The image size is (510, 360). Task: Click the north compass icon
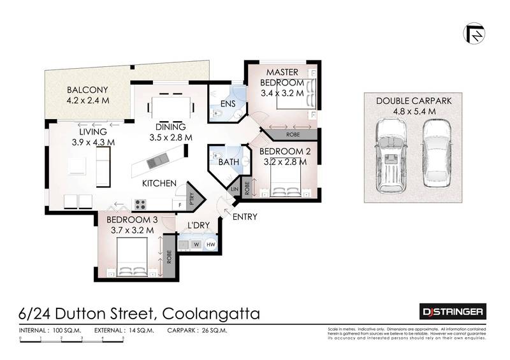coord(474,33)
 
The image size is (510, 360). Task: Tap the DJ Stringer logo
coord(453,312)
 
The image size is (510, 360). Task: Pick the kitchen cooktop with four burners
coord(140,205)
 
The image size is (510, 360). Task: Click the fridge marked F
coord(180,205)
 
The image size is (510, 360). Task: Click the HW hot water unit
coord(210,243)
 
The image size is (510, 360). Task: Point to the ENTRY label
coord(245,217)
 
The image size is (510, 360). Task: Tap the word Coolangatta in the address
coord(211,313)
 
